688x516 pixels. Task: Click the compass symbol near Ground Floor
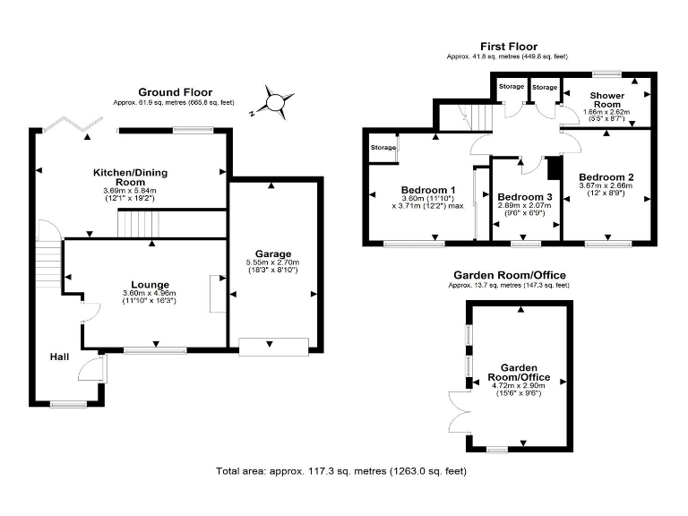[278, 102]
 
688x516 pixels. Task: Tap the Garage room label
[272, 254]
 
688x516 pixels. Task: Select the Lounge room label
[150, 285]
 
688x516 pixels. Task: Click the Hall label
[59, 357]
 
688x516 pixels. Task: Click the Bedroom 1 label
[428, 190]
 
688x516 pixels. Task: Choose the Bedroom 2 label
[606, 176]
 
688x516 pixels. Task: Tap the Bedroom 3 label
[525, 196]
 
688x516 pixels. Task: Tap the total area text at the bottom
[340, 471]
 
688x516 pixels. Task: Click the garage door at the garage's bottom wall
[274, 347]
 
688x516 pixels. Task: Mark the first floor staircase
[473, 116]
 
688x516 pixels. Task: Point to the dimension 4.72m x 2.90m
[519, 384]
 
